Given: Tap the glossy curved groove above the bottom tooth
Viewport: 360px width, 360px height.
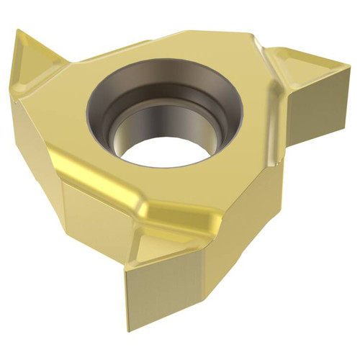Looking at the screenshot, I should (x=173, y=216).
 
